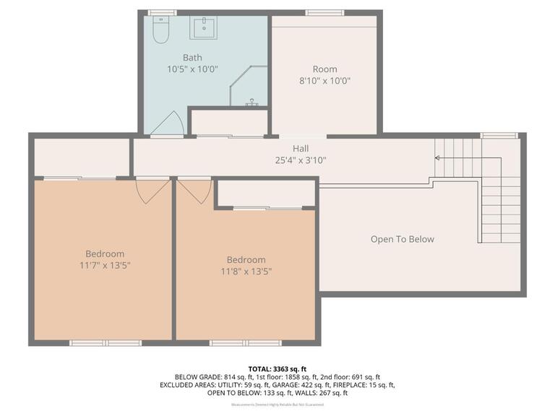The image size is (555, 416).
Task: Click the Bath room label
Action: point(192,57)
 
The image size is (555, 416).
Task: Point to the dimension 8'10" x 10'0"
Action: point(326,81)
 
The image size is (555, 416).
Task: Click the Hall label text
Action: point(301,148)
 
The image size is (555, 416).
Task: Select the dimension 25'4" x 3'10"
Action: point(301,160)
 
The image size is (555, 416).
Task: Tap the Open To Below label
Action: point(403,239)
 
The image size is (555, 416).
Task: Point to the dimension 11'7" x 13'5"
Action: point(105,265)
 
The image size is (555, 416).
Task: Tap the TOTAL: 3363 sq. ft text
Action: point(277,368)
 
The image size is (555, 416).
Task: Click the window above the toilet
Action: point(162,12)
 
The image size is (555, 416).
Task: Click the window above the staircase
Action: point(499,135)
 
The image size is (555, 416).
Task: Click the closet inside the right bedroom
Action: point(266,193)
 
